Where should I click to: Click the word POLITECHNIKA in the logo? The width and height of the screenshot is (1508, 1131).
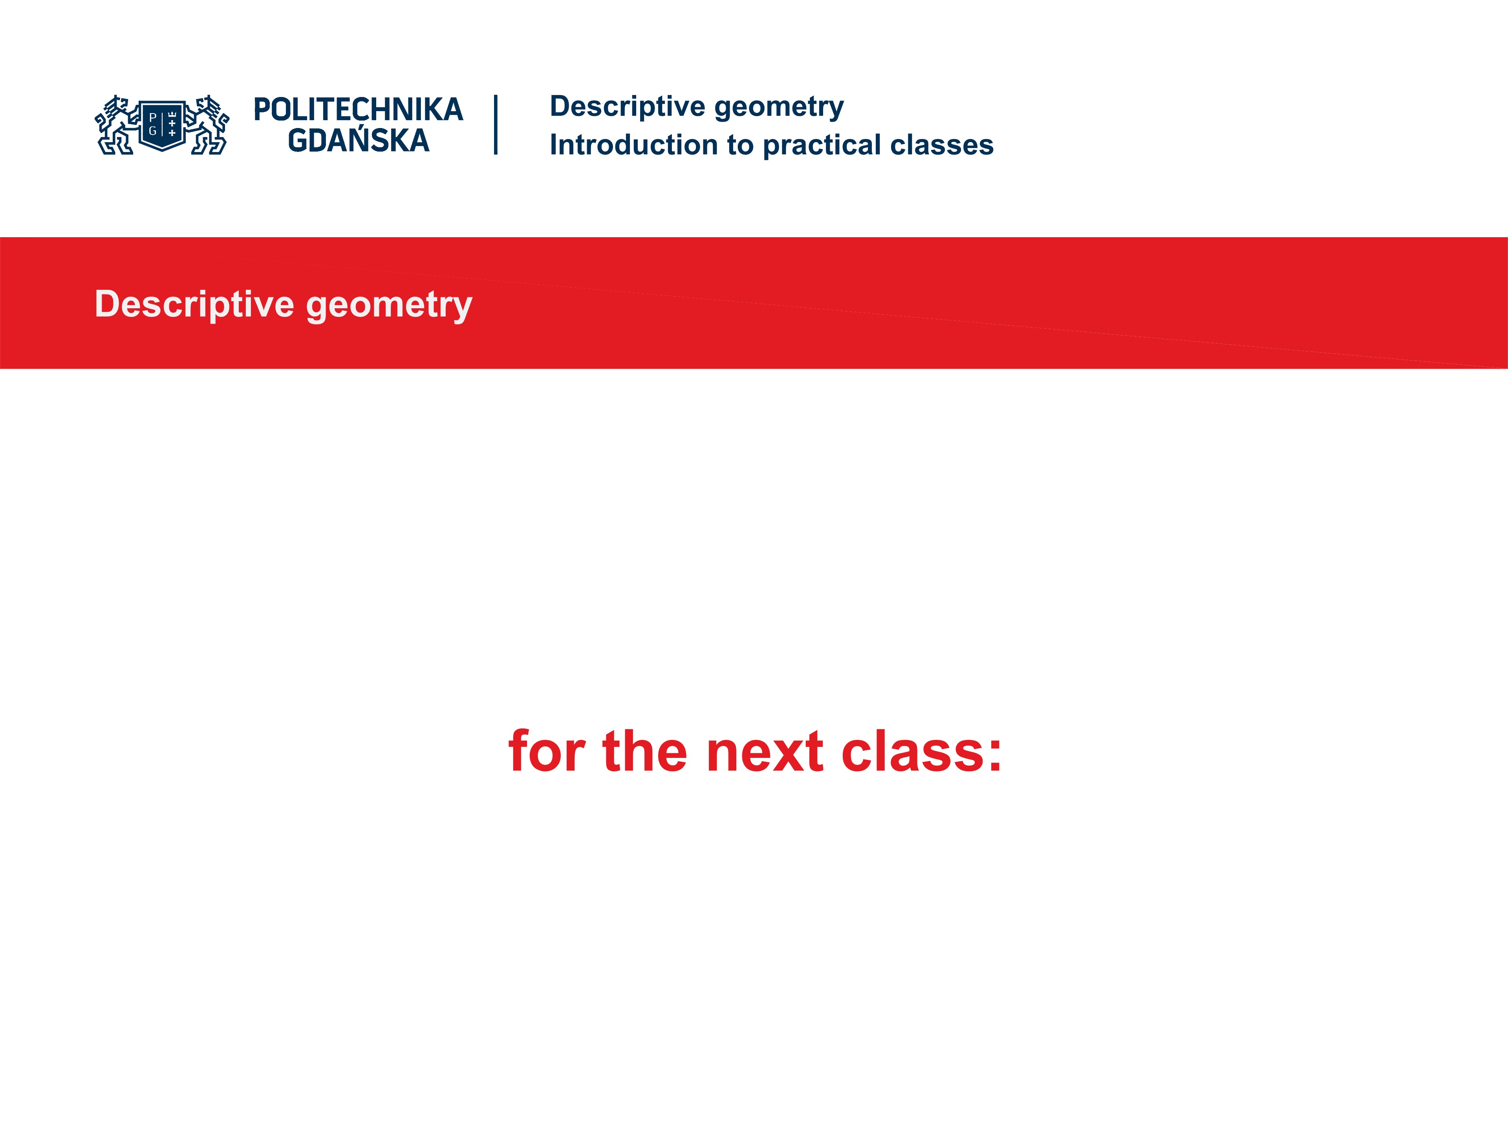(x=358, y=110)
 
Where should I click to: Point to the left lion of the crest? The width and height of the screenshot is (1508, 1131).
(x=115, y=125)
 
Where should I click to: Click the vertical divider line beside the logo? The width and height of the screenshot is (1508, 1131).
(x=496, y=125)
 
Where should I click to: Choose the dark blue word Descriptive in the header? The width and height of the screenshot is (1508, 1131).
(x=627, y=106)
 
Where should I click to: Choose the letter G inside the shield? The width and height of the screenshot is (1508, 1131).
(x=153, y=131)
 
